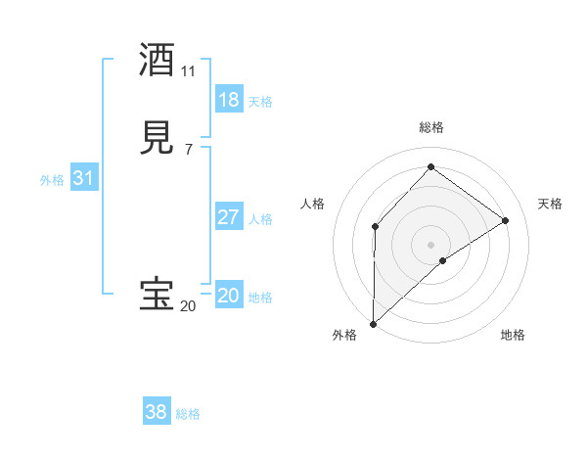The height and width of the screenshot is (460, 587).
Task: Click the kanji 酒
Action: point(158,61)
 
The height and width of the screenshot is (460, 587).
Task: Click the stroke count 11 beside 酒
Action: point(188,71)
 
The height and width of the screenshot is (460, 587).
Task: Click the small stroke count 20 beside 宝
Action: point(188,306)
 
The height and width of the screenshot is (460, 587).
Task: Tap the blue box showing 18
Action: point(229,99)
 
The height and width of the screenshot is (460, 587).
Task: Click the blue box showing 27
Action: point(229,217)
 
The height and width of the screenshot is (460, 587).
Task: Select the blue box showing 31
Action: point(84,179)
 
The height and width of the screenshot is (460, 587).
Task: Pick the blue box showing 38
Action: point(157,412)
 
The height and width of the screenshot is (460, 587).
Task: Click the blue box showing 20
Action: point(229,296)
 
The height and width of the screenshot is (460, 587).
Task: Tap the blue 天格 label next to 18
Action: point(260,101)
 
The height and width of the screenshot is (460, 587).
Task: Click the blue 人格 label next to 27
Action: point(260,219)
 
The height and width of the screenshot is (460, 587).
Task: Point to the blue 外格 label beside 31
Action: point(52,180)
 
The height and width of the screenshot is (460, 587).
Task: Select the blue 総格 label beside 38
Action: point(188,414)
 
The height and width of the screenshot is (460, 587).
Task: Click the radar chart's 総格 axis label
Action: point(431,127)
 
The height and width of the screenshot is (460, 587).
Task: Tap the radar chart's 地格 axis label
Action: point(513,336)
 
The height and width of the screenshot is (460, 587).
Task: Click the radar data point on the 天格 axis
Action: point(506,220)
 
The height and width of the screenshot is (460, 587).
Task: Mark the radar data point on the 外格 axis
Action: point(373,324)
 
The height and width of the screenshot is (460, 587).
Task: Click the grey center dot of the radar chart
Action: point(431,244)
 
